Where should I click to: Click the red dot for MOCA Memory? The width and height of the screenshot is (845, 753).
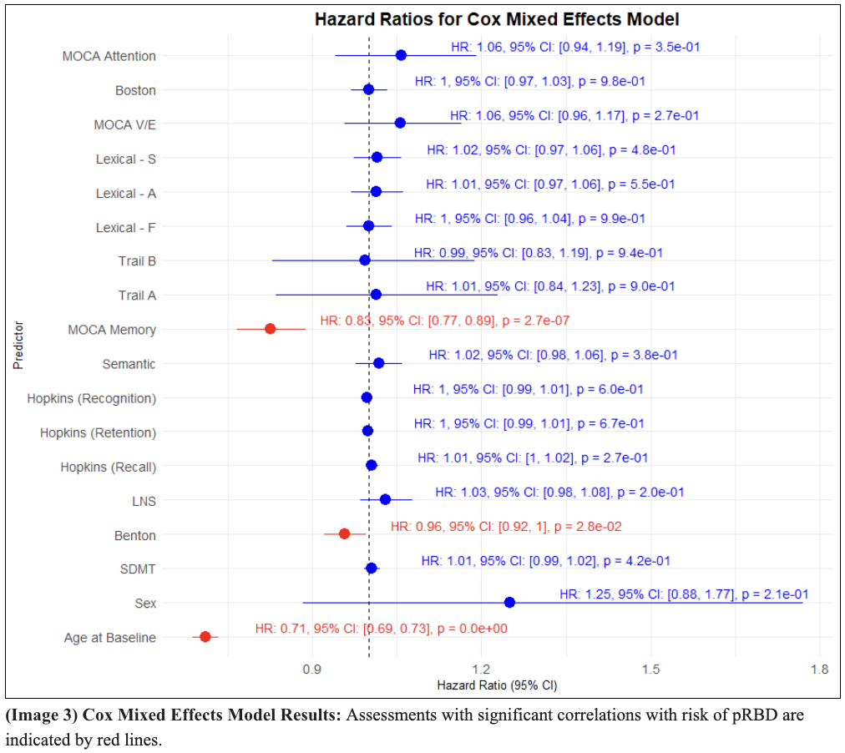(x=270, y=329)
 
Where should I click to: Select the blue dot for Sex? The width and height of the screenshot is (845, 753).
(x=509, y=602)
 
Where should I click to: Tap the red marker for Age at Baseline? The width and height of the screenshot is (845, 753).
(x=205, y=637)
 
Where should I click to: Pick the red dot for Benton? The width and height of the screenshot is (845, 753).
(x=344, y=533)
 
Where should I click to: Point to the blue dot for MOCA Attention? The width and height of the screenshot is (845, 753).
(x=401, y=55)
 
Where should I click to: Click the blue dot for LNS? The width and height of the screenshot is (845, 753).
(x=385, y=499)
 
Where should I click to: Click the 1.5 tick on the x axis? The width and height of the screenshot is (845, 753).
(x=650, y=670)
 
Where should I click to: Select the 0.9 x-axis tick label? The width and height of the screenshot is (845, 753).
(x=311, y=670)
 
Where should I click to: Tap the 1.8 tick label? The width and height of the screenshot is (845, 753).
(x=819, y=670)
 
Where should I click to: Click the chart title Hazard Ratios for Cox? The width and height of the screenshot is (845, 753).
(x=496, y=18)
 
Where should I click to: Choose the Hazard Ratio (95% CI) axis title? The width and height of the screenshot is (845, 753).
(x=497, y=685)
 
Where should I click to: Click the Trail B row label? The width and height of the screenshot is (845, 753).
(x=137, y=261)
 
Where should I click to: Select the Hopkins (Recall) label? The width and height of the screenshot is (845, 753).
(x=108, y=467)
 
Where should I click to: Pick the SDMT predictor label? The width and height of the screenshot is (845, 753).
(x=137, y=570)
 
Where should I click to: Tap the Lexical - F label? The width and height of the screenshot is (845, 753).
(x=125, y=227)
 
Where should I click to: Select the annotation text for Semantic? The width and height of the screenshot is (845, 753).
(x=553, y=355)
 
